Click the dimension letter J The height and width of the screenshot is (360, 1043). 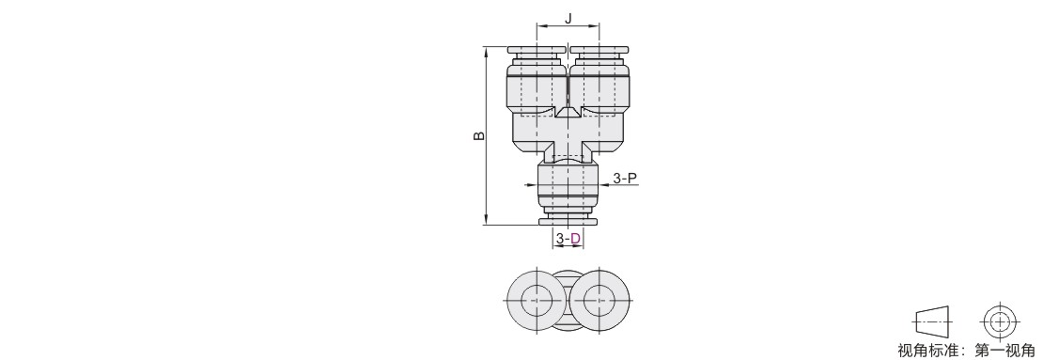point(568,19)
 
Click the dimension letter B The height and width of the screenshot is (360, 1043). point(479,136)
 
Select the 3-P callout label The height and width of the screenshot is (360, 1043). point(625,178)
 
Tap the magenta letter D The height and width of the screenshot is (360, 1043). point(576,238)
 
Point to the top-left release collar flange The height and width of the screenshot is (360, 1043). point(537,50)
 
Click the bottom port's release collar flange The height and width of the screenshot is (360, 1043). point(568,222)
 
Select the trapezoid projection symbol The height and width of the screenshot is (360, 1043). point(933,322)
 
